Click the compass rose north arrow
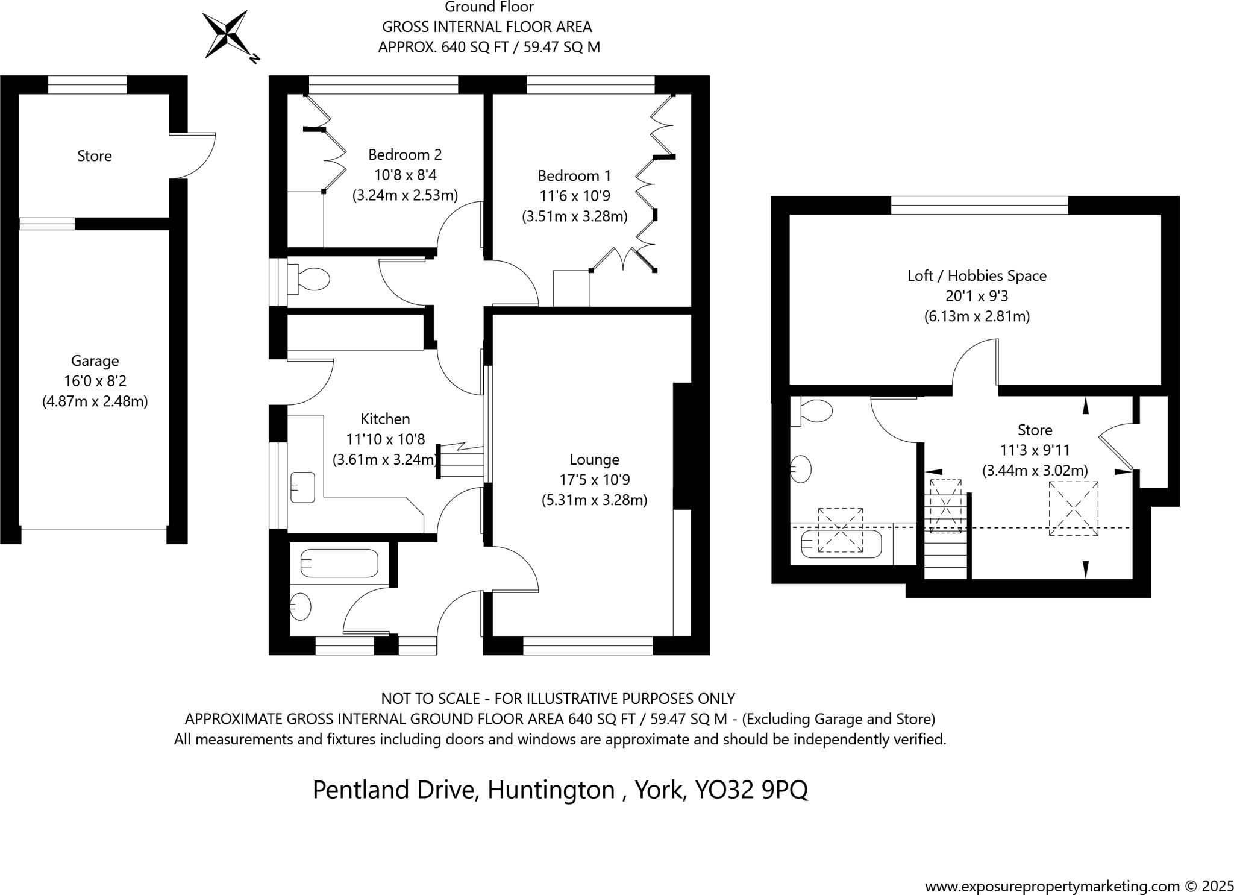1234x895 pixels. (226, 35)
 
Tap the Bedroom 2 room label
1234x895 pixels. (405, 155)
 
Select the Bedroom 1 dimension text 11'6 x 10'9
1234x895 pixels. (574, 196)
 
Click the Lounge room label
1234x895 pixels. (594, 460)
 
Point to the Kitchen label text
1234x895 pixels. (385, 419)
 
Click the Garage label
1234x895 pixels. (95, 361)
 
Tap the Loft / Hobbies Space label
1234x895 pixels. (977, 276)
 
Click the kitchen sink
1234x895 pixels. (302, 488)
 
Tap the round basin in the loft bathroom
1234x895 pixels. (801, 469)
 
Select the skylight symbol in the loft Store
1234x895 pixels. (1073, 509)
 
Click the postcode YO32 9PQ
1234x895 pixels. (751, 790)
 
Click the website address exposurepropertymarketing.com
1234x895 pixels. (1052, 887)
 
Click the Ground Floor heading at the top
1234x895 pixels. (489, 7)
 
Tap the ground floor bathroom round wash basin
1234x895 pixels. (301, 606)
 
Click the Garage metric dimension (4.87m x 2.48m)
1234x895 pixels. (95, 401)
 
